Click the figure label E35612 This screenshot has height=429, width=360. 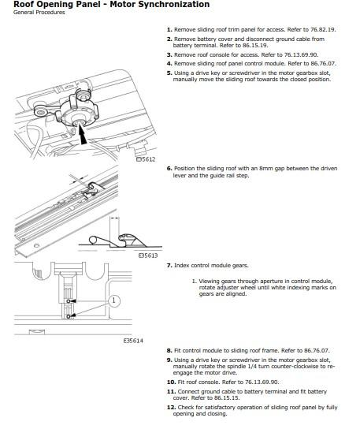(x=146, y=159)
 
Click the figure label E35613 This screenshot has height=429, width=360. (x=148, y=256)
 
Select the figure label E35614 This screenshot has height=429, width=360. (x=133, y=341)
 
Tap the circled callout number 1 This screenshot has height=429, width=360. (x=114, y=300)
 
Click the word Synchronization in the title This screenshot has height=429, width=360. (x=160, y=5)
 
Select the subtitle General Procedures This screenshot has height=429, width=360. (x=39, y=13)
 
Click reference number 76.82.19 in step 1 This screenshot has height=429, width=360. (x=322, y=29)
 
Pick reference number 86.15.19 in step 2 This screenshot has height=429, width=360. (x=255, y=46)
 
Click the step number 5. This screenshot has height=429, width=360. (x=169, y=73)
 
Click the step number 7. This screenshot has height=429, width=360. (x=169, y=266)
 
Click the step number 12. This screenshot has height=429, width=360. (x=172, y=408)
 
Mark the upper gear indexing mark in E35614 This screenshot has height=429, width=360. (x=69, y=301)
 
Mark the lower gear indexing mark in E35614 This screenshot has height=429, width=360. (x=69, y=316)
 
